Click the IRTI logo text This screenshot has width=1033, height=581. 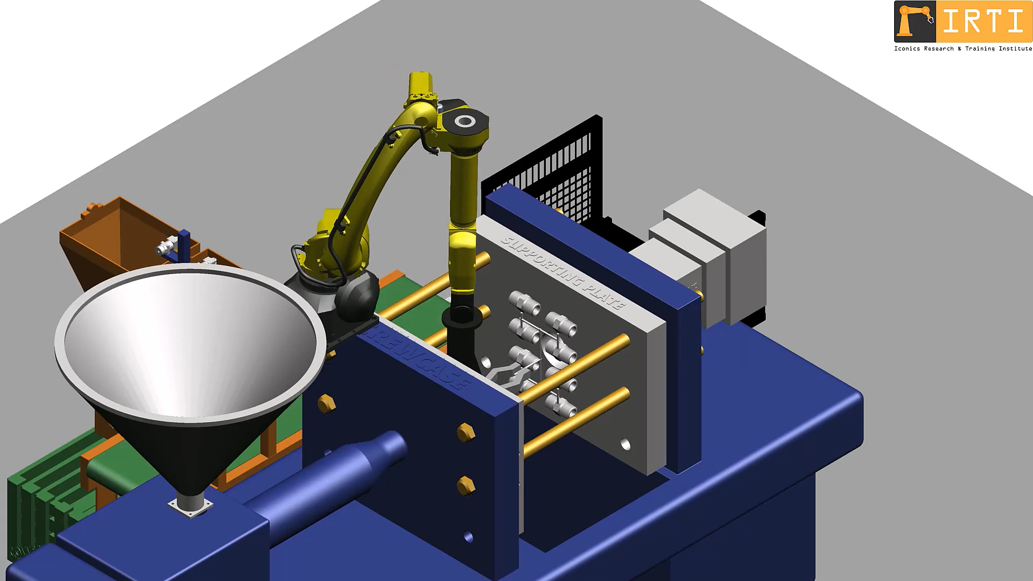coord(983,22)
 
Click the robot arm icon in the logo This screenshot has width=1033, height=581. coord(915,22)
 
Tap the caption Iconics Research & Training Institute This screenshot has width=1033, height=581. coord(962,48)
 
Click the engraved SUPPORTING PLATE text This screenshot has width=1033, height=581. coord(563,272)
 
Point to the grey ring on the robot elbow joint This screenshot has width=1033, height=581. coord(465,121)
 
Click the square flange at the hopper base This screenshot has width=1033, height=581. coord(190,506)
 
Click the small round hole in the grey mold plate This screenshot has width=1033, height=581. coord(625,444)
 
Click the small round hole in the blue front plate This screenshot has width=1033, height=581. coord(468,536)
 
